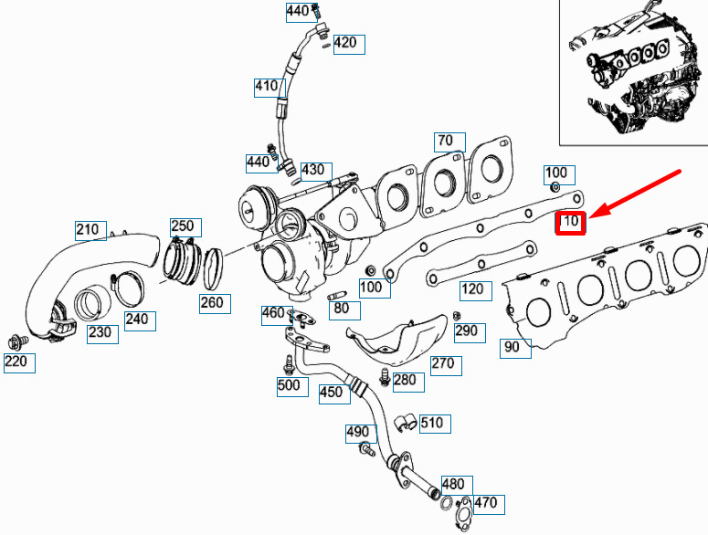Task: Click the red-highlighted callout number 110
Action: [x=570, y=223]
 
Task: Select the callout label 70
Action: [x=449, y=142]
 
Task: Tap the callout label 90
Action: [x=515, y=348]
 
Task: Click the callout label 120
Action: [x=475, y=290]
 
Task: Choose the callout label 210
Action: [x=90, y=230]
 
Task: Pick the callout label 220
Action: [x=19, y=362]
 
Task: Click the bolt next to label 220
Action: [x=17, y=342]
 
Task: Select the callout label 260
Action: [x=215, y=304]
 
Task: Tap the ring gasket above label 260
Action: [x=213, y=268]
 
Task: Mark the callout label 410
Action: [x=269, y=88]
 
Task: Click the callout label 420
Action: [x=349, y=45]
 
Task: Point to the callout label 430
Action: [x=316, y=172]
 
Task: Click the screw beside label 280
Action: [x=385, y=377]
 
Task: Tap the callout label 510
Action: [x=435, y=424]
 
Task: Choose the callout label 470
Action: [x=489, y=505]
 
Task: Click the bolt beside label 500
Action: [x=289, y=365]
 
